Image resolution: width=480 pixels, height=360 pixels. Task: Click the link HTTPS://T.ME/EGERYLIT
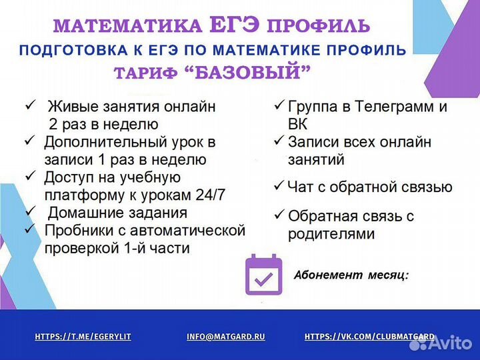(x=83, y=337)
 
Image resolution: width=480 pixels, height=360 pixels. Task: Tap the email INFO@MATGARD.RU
(x=226, y=337)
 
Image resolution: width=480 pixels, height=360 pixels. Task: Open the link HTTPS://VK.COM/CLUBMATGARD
(x=369, y=337)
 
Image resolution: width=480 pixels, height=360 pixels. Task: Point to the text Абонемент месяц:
(x=351, y=275)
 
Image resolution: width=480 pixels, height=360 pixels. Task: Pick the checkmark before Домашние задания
(x=29, y=212)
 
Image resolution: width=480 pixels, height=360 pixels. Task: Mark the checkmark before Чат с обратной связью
(x=280, y=186)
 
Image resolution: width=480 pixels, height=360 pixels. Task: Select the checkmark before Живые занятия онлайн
(x=29, y=105)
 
